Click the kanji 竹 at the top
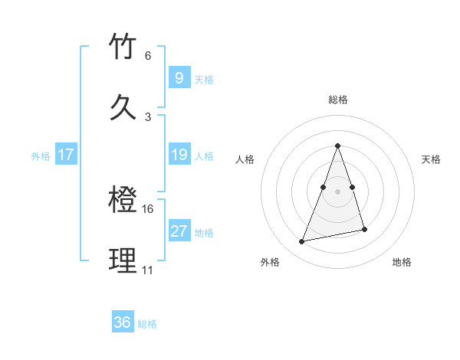click(x=123, y=47)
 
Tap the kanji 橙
click(x=123, y=201)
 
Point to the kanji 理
click(x=123, y=260)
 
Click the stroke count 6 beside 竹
click(x=148, y=56)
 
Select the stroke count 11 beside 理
click(x=148, y=270)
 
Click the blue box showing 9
click(x=179, y=78)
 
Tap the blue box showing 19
click(x=179, y=155)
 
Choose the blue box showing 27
click(x=179, y=231)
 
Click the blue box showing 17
click(x=65, y=155)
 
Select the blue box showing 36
click(x=123, y=322)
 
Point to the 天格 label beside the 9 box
click(x=204, y=80)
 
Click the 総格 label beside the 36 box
click(x=148, y=324)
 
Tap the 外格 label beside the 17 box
click(x=41, y=156)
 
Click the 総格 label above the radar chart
click(x=337, y=100)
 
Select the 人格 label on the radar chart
click(x=245, y=159)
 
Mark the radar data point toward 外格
click(x=302, y=242)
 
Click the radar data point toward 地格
click(x=365, y=229)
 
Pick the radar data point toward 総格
click(x=337, y=146)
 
